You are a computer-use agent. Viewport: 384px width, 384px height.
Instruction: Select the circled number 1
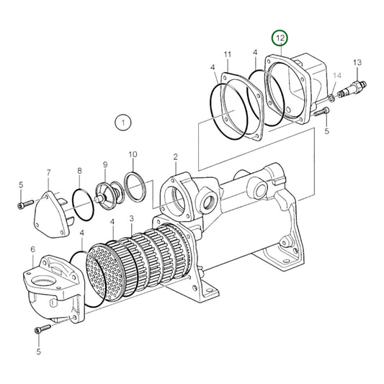pyautogui.click(x=123, y=122)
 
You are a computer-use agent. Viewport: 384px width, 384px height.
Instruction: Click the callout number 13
pyautogui.click(x=356, y=63)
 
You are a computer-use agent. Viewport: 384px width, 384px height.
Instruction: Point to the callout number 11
pyautogui.click(x=227, y=55)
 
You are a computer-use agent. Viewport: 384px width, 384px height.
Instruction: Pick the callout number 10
pyautogui.click(x=133, y=154)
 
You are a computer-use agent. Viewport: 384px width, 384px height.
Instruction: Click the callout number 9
pyautogui.click(x=104, y=165)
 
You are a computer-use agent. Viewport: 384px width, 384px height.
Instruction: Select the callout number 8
pyautogui.click(x=79, y=170)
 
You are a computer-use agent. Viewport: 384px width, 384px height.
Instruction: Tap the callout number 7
pyautogui.click(x=48, y=173)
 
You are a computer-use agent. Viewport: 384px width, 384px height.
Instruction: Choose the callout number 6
pyautogui.click(x=32, y=249)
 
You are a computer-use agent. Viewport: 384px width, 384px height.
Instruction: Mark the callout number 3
pyautogui.click(x=131, y=218)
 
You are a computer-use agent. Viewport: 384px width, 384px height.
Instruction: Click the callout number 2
pyautogui.click(x=175, y=156)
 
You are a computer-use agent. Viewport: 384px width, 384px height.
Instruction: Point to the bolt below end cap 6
pyautogui.click(x=41, y=329)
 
